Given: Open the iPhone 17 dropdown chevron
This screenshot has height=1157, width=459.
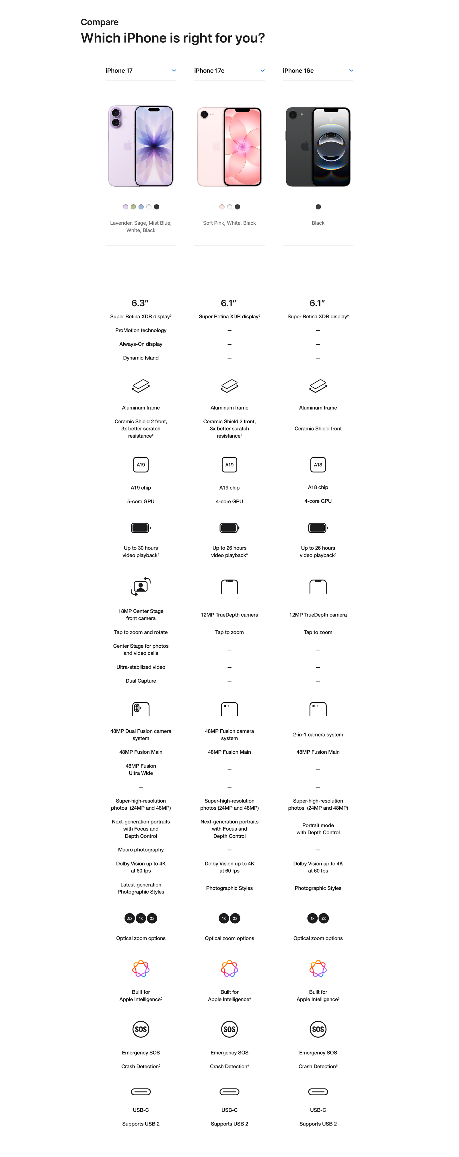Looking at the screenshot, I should point(174,71).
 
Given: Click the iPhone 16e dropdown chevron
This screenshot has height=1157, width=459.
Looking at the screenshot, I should point(351,71).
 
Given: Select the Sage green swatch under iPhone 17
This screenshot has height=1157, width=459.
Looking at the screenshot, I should point(133,207).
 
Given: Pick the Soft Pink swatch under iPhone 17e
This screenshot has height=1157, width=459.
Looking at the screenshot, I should point(222,207).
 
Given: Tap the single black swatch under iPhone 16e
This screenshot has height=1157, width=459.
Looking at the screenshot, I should point(318,207).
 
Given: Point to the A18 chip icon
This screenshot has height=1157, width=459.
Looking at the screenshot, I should point(318,465).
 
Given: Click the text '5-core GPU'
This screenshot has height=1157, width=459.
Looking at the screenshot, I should point(141,502).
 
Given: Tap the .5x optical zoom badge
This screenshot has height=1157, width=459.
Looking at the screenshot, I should point(129,918).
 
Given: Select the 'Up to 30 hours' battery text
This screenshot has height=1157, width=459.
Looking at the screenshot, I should point(141,548).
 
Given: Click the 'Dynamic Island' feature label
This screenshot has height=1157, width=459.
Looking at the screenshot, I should point(141,358).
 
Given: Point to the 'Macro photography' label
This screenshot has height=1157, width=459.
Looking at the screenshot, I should point(141,850).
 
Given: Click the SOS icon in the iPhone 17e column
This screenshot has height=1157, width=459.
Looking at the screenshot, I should point(229,1029).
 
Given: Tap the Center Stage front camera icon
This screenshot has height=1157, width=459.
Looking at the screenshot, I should point(141,587).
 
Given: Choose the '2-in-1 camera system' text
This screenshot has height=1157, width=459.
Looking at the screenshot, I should point(318,735).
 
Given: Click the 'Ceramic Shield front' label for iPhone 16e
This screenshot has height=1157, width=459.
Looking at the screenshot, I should point(318,429).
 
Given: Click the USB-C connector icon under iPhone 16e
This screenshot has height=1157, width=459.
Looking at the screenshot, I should point(318,1092).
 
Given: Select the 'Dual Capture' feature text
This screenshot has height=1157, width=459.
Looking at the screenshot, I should point(141,681).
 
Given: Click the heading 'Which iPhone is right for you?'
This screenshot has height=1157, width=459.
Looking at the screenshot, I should point(173,38).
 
